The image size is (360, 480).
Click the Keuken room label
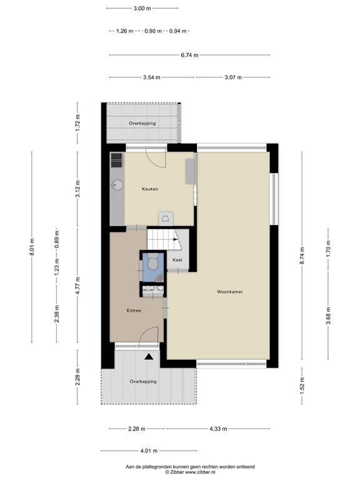(150, 189)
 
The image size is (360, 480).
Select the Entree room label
(134, 311)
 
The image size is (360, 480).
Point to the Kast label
(177, 260)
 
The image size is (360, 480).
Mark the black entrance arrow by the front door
(149, 357)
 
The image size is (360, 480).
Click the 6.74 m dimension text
(189, 55)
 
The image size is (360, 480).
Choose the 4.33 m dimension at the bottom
(217, 429)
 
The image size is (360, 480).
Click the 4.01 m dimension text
(149, 451)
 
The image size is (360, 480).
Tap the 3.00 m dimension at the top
(142, 8)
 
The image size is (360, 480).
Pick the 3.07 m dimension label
(232, 77)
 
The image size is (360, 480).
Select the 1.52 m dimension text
(302, 383)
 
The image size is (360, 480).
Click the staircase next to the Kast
(161, 238)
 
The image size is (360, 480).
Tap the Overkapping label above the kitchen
(142, 123)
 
